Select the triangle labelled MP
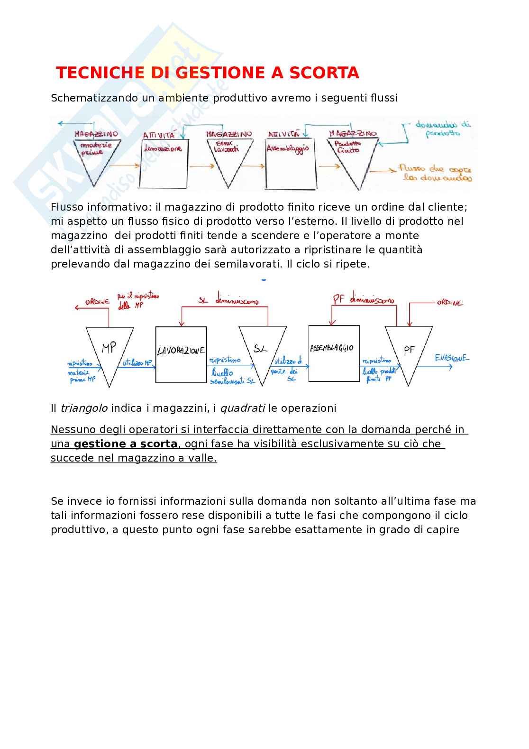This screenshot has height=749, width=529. point(109,351)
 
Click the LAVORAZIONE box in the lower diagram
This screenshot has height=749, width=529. point(181,354)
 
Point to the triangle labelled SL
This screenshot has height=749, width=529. point(262,351)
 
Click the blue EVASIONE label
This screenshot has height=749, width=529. point(452,358)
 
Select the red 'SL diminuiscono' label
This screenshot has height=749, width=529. point(228,300)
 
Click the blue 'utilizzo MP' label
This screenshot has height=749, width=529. point(137,363)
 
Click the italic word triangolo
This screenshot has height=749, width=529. point(84,408)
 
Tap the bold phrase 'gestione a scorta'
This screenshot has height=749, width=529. point(126,444)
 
